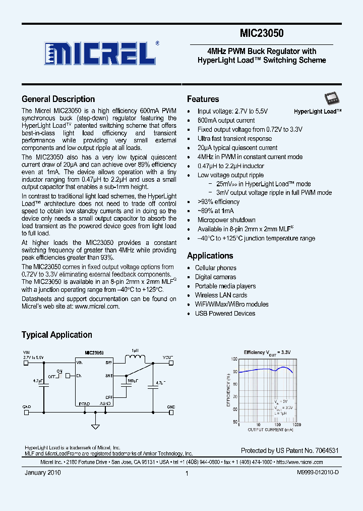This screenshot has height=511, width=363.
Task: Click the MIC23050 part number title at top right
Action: (x=262, y=33)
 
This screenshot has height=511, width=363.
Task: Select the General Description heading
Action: (x=58, y=99)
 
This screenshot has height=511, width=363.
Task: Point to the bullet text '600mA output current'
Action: (x=226, y=120)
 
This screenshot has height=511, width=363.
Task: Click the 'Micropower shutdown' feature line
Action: (x=226, y=220)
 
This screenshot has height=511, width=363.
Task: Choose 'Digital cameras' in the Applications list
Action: (x=215, y=277)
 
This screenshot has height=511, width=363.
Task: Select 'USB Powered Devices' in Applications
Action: (x=225, y=313)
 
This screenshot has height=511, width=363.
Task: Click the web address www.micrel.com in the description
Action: (x=97, y=306)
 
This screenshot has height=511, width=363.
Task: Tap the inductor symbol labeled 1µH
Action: (x=135, y=358)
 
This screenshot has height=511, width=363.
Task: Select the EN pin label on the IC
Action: (x=79, y=376)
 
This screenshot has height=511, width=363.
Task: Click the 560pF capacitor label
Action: (x=133, y=381)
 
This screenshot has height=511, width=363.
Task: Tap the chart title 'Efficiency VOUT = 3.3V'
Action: (x=267, y=352)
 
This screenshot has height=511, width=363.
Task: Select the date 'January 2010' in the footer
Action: (x=43, y=473)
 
